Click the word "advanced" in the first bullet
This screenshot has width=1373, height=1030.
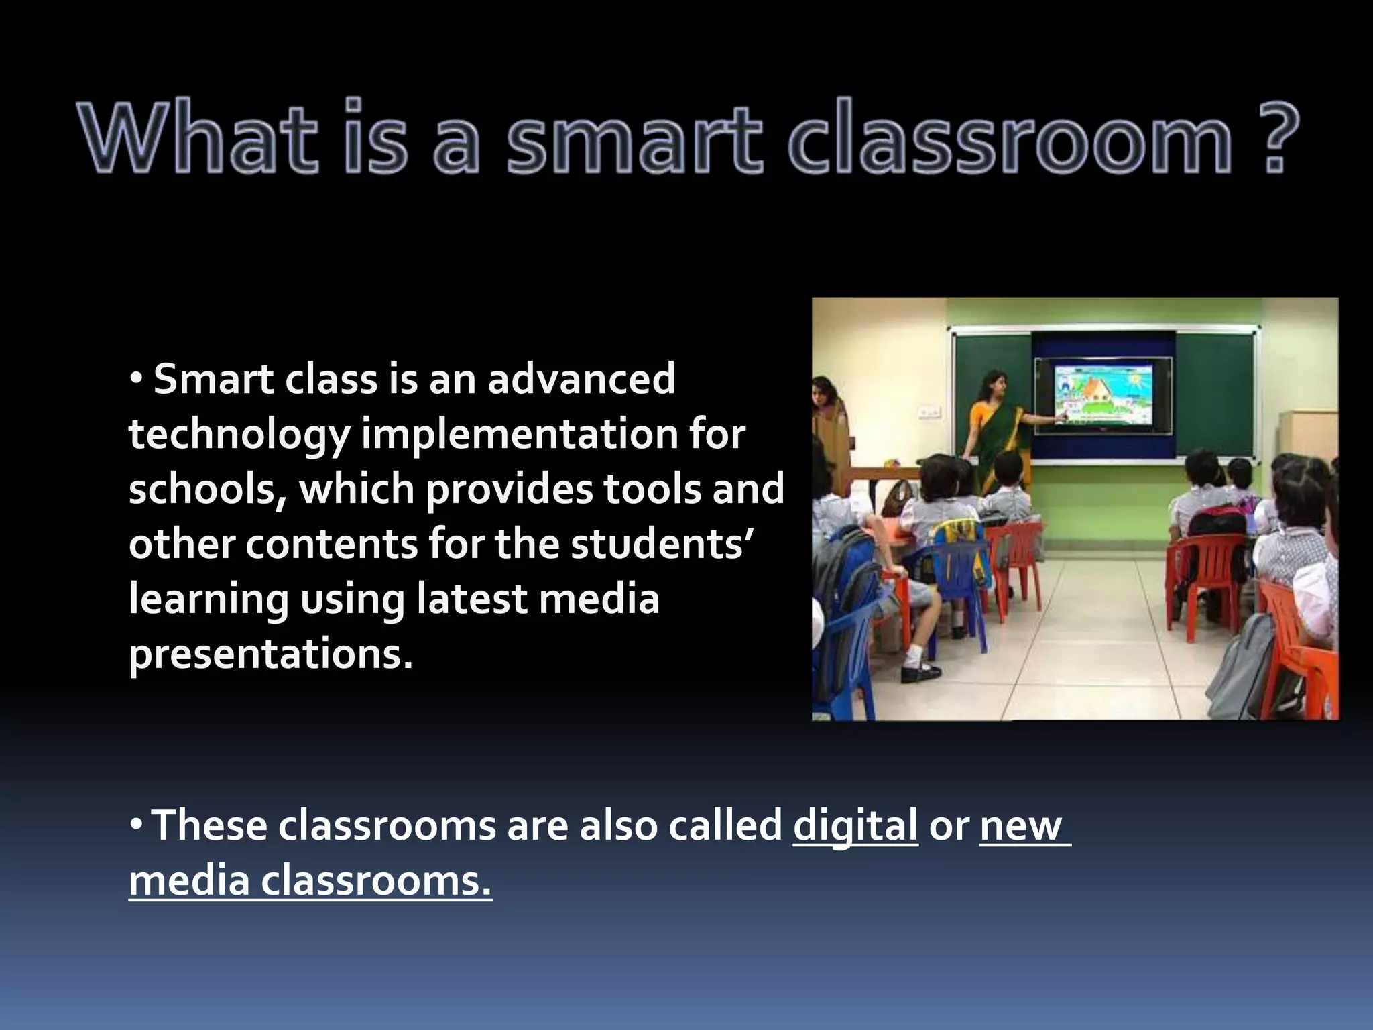(x=581, y=379)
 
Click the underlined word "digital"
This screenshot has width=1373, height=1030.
(x=855, y=826)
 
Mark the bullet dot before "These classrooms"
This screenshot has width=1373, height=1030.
(x=136, y=825)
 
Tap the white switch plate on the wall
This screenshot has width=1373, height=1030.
(x=928, y=410)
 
